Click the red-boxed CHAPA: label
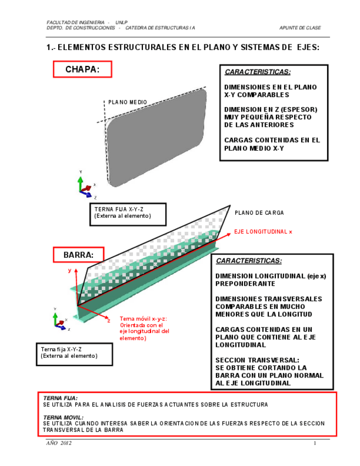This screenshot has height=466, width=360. (82, 69)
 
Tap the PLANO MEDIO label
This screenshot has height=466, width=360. (127, 102)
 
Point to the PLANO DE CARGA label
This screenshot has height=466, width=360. (259, 213)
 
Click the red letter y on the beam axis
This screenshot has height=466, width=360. (70, 270)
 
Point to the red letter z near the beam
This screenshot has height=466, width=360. (109, 320)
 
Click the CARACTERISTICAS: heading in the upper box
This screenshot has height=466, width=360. (257, 72)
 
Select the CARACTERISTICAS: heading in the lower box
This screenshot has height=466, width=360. (248, 261)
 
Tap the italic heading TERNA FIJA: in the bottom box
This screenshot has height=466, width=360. (60, 398)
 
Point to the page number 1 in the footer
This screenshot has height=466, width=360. (315, 443)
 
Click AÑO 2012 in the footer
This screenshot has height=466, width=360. (59, 443)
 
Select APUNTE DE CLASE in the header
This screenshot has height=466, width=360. (300, 27)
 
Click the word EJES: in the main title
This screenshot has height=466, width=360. (308, 47)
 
